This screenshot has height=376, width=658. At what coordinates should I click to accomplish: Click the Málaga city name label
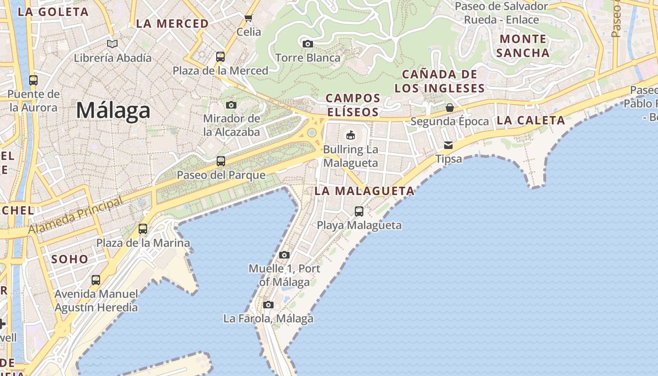click(x=113, y=110)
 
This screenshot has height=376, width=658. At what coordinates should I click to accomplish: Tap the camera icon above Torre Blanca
click(x=307, y=44)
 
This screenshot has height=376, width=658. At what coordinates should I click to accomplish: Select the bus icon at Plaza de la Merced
click(x=220, y=57)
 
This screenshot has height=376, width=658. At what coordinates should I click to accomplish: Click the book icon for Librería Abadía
click(x=112, y=44)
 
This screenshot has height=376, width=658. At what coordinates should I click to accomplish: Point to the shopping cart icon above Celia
click(x=248, y=18)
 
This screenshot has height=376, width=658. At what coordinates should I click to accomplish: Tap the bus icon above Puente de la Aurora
click(x=33, y=80)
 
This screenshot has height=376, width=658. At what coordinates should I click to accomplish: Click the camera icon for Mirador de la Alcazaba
click(x=231, y=105)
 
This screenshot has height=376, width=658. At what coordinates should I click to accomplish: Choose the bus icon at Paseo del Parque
click(x=220, y=161)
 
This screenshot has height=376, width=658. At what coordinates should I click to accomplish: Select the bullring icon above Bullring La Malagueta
click(x=350, y=135)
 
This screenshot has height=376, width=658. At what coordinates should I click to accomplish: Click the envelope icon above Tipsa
click(x=448, y=145)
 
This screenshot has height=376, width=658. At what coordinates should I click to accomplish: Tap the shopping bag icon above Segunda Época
click(x=449, y=108)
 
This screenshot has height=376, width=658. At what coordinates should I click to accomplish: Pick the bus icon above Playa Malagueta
click(x=359, y=211)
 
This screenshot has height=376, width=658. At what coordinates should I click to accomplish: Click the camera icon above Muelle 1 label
click(x=284, y=255)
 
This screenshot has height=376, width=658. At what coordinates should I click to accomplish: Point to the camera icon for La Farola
click(x=268, y=305)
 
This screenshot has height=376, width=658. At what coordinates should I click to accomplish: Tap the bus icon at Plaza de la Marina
click(x=142, y=229)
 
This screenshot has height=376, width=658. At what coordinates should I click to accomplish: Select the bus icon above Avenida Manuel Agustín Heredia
click(x=96, y=280)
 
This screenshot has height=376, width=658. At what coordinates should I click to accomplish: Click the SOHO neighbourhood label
click(x=70, y=259)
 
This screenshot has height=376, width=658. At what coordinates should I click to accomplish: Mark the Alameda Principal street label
click(x=75, y=216)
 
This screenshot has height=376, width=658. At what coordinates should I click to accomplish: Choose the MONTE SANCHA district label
click(x=523, y=46)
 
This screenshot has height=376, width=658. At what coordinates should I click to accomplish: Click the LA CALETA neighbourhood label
click(x=531, y=120)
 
